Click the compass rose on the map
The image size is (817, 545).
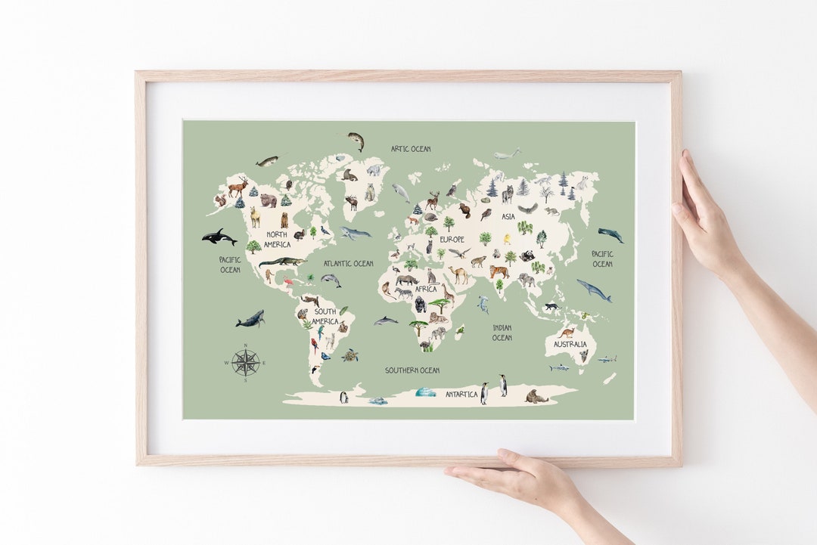246,363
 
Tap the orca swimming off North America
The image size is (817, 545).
219,237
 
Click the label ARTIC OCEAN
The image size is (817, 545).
411,149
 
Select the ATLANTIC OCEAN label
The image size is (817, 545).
348,264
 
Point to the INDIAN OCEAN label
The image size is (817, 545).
502,333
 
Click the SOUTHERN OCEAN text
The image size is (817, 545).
412,370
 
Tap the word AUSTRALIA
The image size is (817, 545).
570,345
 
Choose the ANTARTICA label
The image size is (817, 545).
461,395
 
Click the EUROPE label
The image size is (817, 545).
452,240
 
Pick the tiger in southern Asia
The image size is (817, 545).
499,271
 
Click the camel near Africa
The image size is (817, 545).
458,274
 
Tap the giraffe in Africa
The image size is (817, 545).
448,292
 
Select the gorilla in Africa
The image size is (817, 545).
420,305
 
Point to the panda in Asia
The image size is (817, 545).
527,256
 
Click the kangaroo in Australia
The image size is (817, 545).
566,331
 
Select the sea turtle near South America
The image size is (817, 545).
349,355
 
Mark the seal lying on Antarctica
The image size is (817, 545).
536,397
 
